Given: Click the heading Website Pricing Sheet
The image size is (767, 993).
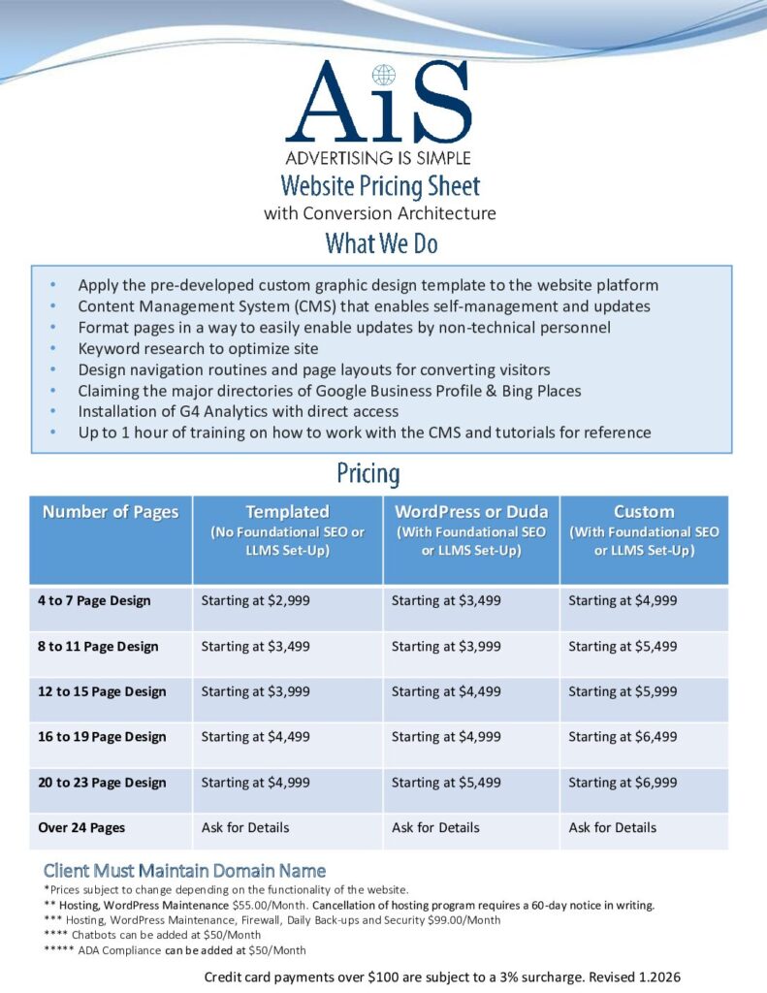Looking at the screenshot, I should (x=380, y=185).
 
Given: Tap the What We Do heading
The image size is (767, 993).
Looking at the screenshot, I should (x=381, y=242).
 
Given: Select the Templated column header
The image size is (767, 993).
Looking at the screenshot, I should (x=287, y=512).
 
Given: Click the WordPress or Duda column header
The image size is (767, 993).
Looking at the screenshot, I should (x=470, y=512).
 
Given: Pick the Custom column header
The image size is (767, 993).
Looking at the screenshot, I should (x=644, y=512).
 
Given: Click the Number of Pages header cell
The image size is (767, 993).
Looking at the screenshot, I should (x=111, y=512).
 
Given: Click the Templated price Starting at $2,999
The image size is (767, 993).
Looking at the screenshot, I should (x=255, y=600).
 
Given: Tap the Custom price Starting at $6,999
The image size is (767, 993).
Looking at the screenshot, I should (x=623, y=783).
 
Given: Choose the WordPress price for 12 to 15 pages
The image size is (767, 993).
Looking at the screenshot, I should (x=446, y=691).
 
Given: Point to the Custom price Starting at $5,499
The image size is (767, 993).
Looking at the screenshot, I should (x=623, y=646).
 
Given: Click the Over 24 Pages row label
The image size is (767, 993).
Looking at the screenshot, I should (x=81, y=827).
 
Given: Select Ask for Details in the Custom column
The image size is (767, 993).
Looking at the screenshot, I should (x=612, y=827).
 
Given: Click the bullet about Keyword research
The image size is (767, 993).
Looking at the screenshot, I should (x=198, y=348).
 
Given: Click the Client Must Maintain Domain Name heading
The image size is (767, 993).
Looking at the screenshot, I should (x=184, y=870).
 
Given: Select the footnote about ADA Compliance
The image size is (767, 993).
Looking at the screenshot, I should (x=175, y=950).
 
